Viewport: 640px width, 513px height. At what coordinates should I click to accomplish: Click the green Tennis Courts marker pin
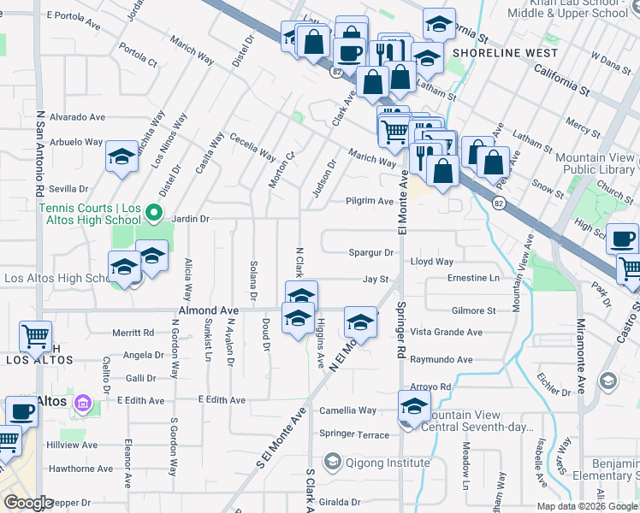pos(154,211)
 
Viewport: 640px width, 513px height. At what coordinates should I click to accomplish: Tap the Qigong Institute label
pos(388,463)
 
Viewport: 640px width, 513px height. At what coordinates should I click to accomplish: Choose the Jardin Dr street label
pos(191,219)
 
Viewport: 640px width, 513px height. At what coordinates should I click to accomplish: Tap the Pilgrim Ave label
pos(369,201)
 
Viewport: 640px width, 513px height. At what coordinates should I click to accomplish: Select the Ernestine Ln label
pos(473,278)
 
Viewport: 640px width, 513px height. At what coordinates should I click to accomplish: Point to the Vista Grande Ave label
pos(447,332)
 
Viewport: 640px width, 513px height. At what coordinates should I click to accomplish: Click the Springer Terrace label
pos(354,433)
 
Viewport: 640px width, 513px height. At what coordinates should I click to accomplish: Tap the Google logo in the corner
pos(28,503)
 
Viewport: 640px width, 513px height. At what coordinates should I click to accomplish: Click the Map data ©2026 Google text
pos(586,506)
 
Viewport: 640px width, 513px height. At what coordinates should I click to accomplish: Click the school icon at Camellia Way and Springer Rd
pos(414,407)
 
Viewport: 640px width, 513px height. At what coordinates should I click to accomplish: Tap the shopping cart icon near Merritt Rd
pos(36,337)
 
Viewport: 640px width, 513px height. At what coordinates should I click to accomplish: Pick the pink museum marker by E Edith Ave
pos(83,402)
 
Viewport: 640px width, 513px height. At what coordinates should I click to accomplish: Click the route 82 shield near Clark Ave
pos(336,74)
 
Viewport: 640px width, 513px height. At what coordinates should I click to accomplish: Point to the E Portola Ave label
pos(74,15)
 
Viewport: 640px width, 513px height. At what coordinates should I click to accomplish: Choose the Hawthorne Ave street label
pos(80,469)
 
